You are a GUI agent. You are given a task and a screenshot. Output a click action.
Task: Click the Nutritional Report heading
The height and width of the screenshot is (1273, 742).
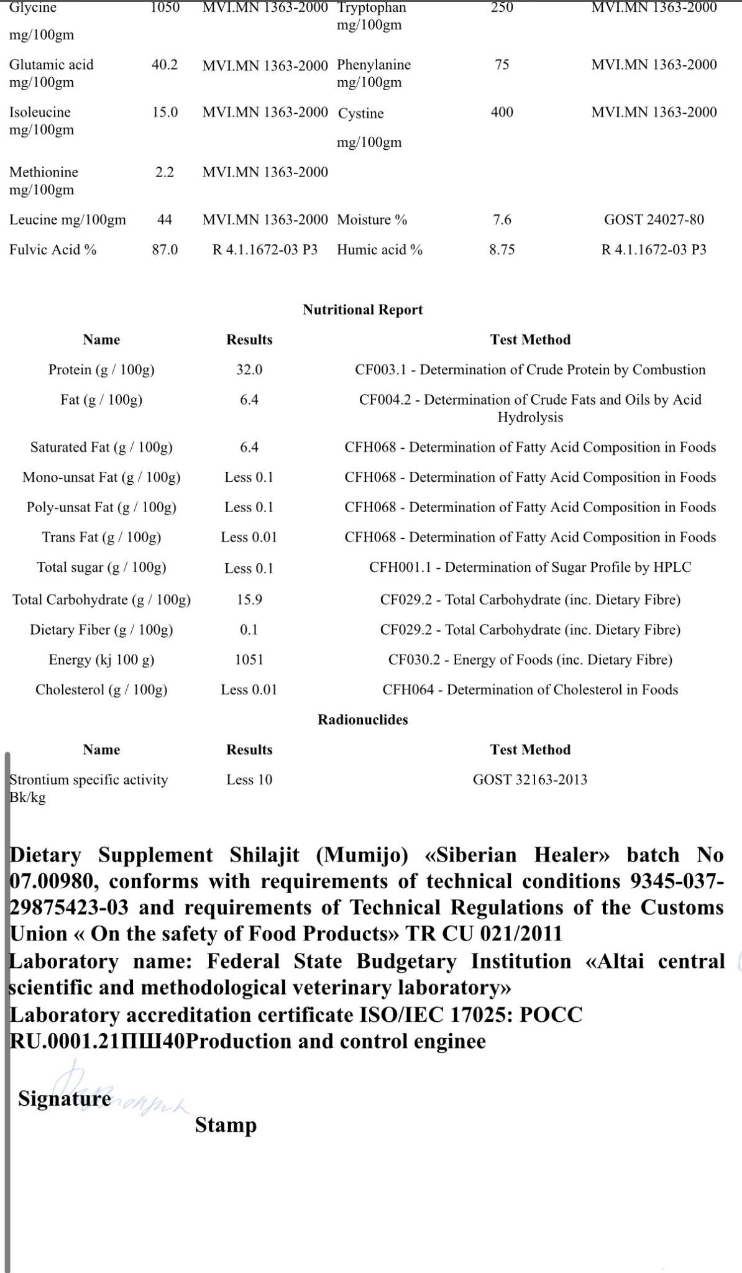click(362, 310)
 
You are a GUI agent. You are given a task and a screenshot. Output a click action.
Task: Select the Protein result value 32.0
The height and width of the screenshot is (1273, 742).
click(249, 370)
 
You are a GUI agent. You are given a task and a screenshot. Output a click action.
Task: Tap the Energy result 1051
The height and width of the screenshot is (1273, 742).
click(249, 659)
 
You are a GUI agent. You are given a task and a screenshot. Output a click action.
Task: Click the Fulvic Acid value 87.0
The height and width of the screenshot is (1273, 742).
click(165, 250)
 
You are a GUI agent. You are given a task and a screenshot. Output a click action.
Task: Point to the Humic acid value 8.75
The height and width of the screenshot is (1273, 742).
click(502, 250)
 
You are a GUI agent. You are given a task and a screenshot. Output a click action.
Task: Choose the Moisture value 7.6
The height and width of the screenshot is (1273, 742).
click(502, 220)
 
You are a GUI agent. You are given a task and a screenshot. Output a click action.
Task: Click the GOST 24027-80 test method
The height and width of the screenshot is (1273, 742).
click(654, 220)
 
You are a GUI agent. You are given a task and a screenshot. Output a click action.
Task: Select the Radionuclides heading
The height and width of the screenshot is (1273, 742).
click(362, 720)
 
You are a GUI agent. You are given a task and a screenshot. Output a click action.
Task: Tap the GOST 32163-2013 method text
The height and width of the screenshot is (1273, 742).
click(529, 779)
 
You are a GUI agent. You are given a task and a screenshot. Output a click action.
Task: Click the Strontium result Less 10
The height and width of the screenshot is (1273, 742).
click(249, 779)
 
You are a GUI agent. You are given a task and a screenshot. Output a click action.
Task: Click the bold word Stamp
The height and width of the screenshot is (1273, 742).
click(226, 1125)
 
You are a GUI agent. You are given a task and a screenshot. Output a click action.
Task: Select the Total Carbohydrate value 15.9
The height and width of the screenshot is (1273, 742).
click(249, 600)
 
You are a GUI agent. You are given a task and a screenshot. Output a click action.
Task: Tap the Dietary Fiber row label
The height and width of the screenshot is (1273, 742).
click(101, 630)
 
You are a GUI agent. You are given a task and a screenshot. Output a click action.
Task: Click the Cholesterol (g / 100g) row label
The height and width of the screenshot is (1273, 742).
click(101, 690)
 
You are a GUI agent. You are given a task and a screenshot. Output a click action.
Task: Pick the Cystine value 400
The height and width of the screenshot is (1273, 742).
click(502, 113)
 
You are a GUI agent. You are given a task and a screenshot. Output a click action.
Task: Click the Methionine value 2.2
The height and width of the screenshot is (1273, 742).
click(165, 172)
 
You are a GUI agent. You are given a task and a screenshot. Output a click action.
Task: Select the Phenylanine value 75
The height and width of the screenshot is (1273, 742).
click(502, 65)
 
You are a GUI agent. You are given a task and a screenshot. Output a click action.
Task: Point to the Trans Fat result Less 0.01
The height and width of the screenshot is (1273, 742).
click(249, 537)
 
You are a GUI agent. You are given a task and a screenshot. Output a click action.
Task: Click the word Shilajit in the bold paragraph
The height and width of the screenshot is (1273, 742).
click(264, 855)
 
